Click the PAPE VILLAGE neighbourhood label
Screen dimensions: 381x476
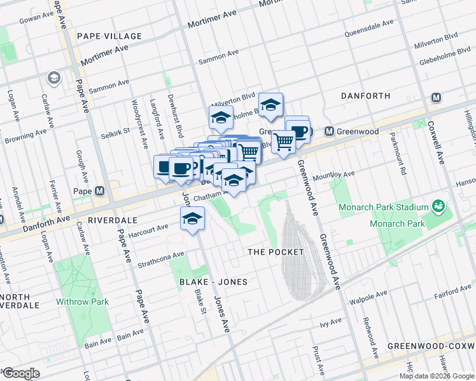pyautogui.click(x=107, y=36)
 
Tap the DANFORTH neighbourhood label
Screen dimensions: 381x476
pyautogui.click(x=365, y=96)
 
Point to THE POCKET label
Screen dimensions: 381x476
pyautogui.click(x=276, y=252)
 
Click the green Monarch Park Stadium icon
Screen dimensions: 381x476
pyautogui.click(x=438, y=206)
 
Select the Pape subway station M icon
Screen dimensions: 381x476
pyautogui.click(x=99, y=191)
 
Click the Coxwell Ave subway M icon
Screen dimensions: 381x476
pyautogui.click(x=436, y=98)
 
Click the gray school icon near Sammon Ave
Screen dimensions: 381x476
pyautogui.click(x=53, y=78)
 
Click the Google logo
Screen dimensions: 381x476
pyautogui.click(x=21, y=373)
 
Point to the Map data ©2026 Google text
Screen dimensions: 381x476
pyautogui.click(x=437, y=376)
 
